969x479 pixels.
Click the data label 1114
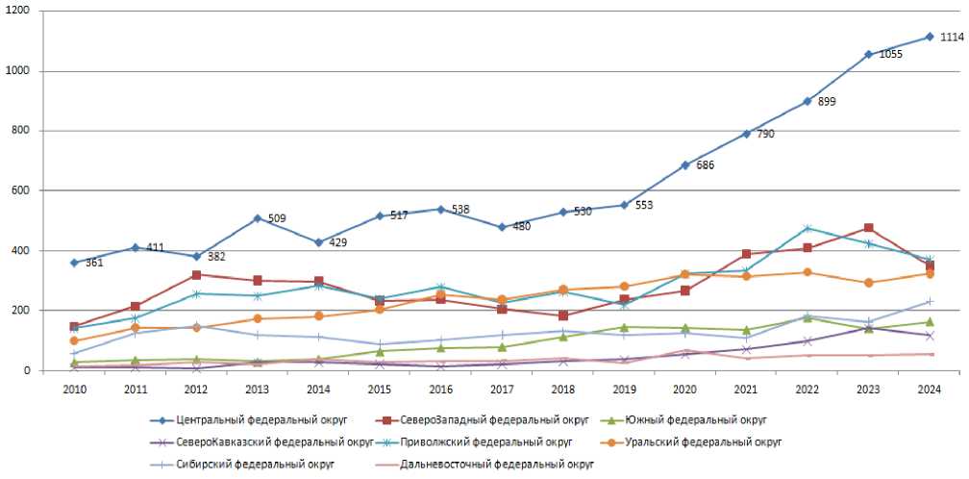pos(952,38)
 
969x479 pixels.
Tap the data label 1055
pos(890,55)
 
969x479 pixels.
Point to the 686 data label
pos(706,165)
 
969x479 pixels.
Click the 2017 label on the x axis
pos(503,389)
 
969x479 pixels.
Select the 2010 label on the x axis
pos(75,389)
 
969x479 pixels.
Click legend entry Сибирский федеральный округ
pos(252,464)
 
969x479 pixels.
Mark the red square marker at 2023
pos(868,229)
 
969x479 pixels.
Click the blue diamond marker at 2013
pos(258,218)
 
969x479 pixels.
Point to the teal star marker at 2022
pos(807,228)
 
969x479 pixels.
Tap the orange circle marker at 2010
pos(75,340)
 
